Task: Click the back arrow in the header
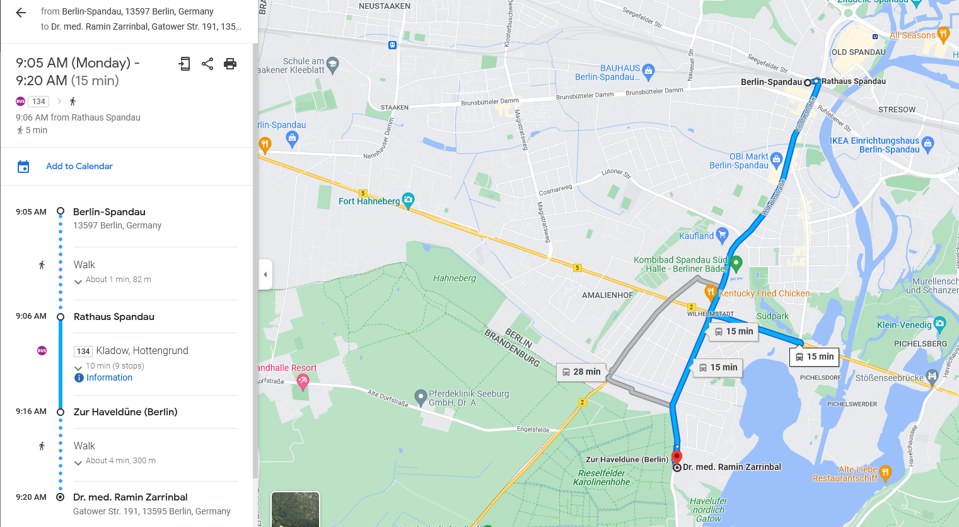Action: click(21, 13)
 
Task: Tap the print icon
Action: click(230, 63)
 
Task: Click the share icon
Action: click(207, 63)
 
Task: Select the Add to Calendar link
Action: click(79, 166)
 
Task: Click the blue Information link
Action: click(109, 377)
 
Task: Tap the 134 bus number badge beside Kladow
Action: click(83, 351)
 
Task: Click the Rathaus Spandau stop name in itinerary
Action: click(114, 317)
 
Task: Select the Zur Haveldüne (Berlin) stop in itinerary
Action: click(125, 412)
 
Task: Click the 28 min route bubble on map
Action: click(581, 372)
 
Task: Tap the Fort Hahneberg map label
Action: click(369, 201)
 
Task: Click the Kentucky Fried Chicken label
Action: click(764, 293)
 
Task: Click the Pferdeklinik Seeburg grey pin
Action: click(421, 397)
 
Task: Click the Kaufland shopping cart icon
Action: click(723, 235)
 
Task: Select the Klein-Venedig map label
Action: click(904, 325)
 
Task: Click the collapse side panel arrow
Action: click(265, 275)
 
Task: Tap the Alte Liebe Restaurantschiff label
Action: click(845, 474)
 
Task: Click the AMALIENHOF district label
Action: click(607, 295)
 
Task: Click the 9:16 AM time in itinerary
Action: click(32, 412)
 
